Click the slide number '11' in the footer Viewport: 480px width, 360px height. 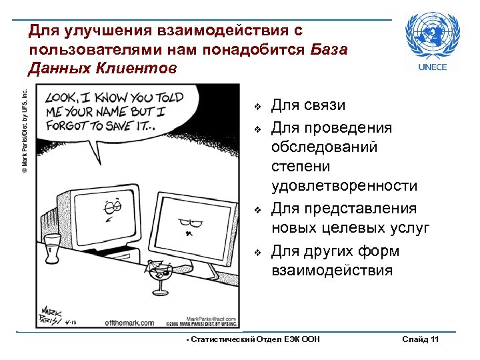point(434,340)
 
